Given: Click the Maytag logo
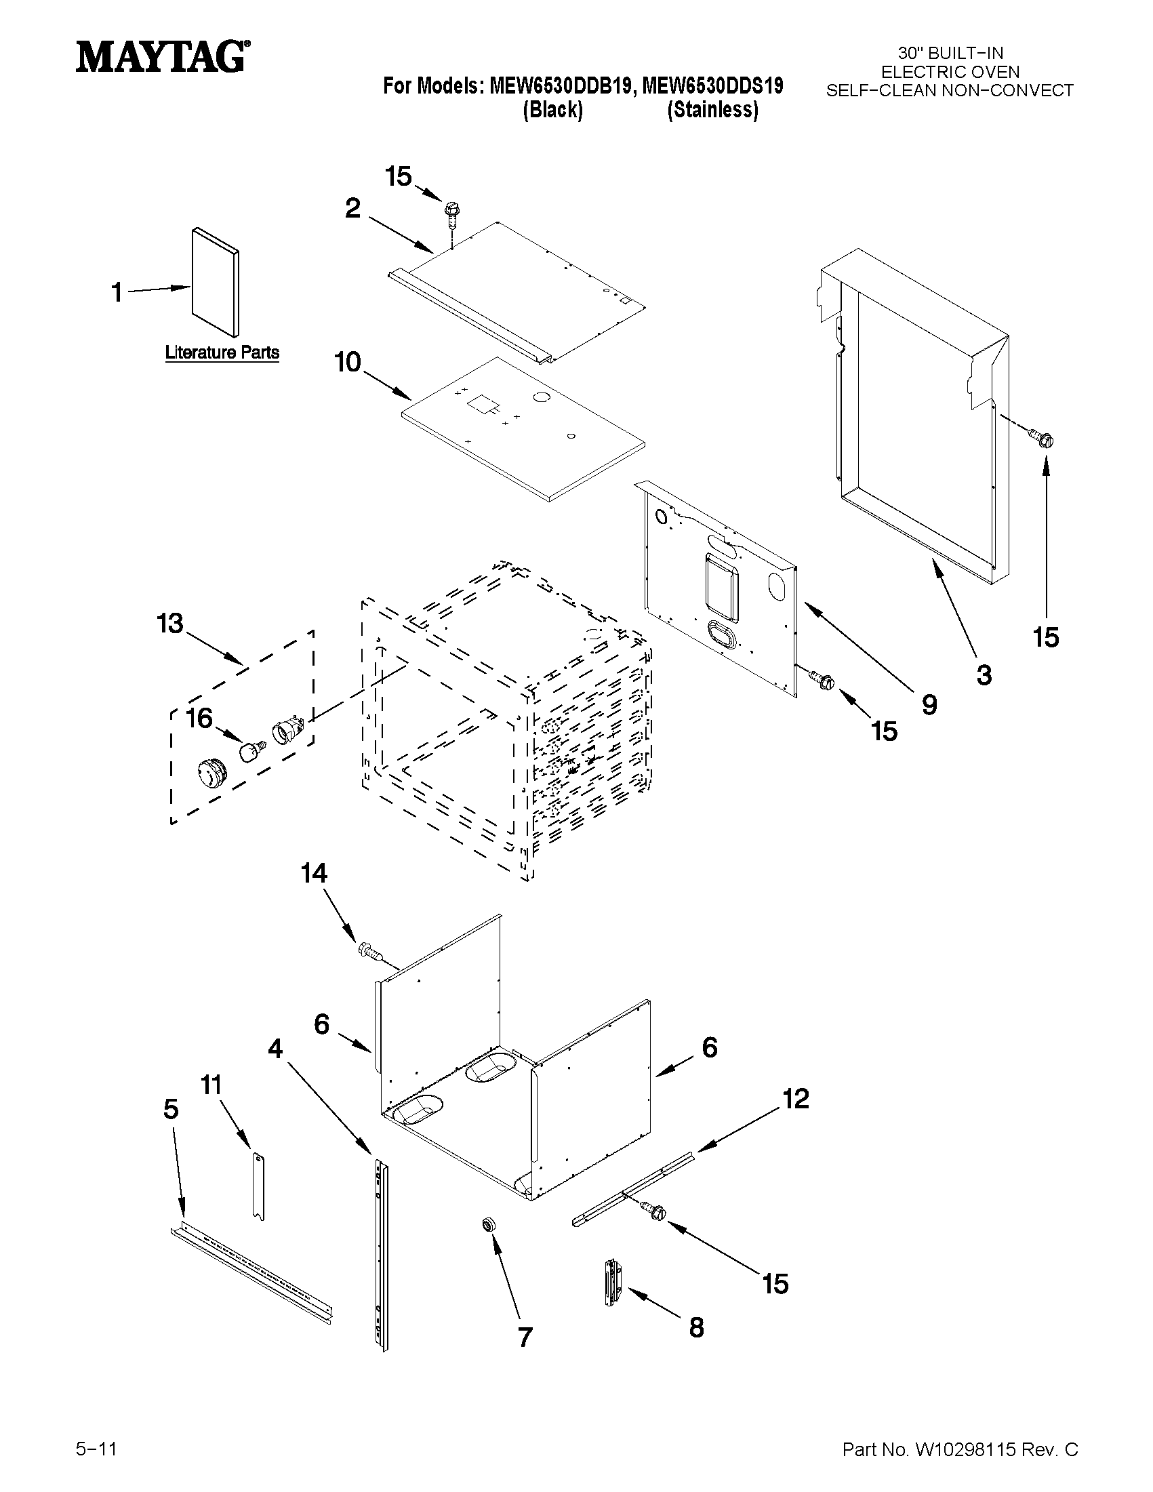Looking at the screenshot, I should pos(162,56).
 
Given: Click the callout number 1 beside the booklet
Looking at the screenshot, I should pos(117,293).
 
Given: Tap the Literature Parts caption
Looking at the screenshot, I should pos(222,352).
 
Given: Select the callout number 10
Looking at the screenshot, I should pos(347,362).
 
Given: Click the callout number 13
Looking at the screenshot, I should pos(170,623).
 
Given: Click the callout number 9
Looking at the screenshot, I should pos(929,704).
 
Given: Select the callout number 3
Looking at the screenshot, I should pos(984,675).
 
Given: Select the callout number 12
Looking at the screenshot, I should pos(796,1099).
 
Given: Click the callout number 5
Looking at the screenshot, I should pos(171,1109).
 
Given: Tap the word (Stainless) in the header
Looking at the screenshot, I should pos(712,110).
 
